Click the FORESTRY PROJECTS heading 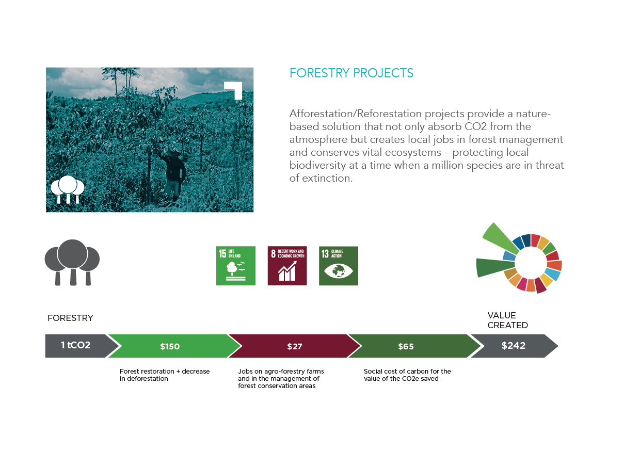(351, 73)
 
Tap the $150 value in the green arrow (170, 346)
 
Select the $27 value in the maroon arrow (295, 346)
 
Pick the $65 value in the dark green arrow (406, 346)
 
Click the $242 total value (513, 346)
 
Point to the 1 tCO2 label (75, 345)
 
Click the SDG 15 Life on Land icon (236, 266)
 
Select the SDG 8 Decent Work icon (287, 266)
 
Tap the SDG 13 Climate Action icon (339, 266)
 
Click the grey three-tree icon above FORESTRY (72, 262)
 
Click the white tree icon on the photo (68, 189)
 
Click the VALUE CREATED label (507, 320)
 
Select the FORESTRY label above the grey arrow (70, 318)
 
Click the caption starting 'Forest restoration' (165, 375)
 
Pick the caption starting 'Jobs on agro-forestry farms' (281, 378)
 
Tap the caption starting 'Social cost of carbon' (407, 375)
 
